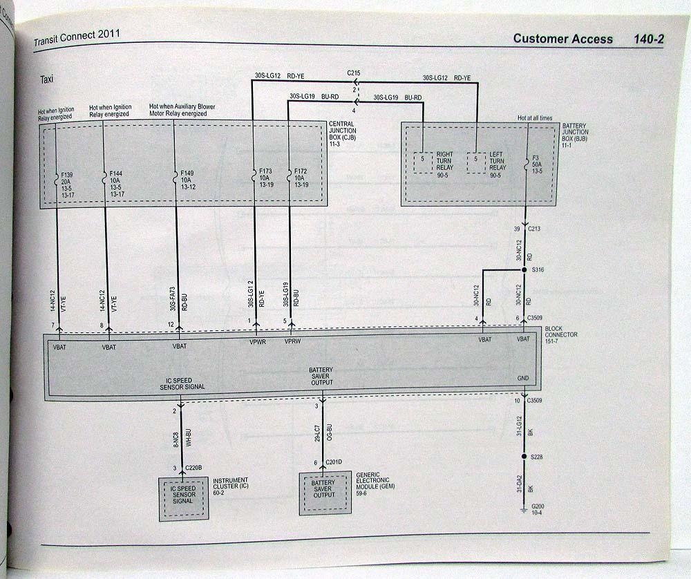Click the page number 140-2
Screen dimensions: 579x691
(x=648, y=39)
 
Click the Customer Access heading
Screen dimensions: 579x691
(x=562, y=39)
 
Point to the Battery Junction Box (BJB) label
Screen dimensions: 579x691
(x=575, y=133)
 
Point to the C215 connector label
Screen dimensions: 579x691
(x=354, y=73)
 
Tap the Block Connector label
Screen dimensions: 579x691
(x=560, y=335)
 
